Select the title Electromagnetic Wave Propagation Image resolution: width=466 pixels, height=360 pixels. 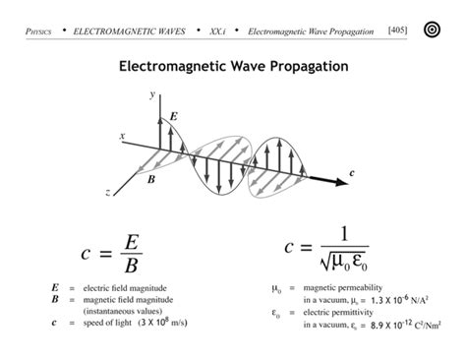click(x=232, y=68)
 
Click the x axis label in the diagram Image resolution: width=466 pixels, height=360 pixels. click(x=122, y=135)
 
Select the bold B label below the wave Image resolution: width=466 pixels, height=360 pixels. click(x=150, y=180)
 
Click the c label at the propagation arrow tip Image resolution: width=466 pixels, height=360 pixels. click(x=351, y=173)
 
